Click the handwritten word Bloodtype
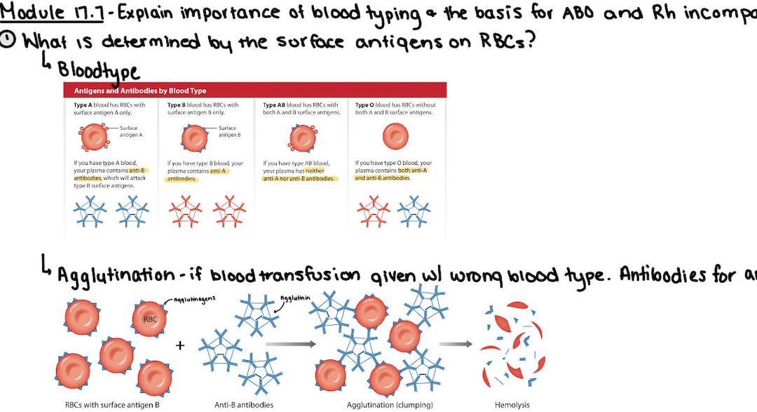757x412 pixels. pyautogui.click(x=98, y=70)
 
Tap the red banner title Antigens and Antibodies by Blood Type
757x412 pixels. pyautogui.click(x=140, y=91)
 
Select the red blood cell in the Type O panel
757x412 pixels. pyautogui.click(x=396, y=136)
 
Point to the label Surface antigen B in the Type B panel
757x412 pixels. pyautogui.click(x=229, y=131)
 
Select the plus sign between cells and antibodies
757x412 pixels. pyautogui.click(x=180, y=345)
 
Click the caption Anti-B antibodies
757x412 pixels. pyautogui.click(x=243, y=405)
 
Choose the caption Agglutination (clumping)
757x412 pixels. pyautogui.click(x=390, y=405)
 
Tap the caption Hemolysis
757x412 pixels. pyautogui.click(x=512, y=405)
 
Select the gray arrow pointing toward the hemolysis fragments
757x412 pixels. pyautogui.click(x=456, y=344)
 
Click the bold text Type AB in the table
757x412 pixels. pyautogui.click(x=274, y=105)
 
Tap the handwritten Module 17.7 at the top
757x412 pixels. pyautogui.click(x=52, y=13)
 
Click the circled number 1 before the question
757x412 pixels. pyautogui.click(x=8, y=41)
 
